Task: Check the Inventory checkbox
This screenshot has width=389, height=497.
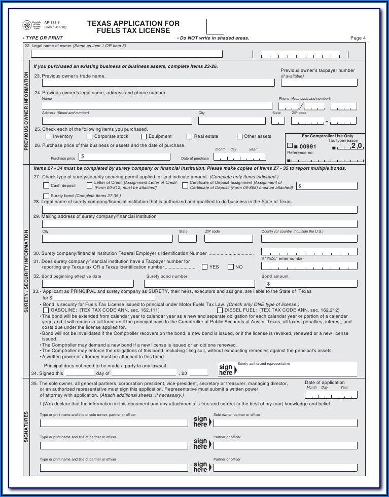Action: point(48,136)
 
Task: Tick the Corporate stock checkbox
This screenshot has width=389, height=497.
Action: point(89,136)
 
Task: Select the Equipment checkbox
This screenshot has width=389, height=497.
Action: point(144,136)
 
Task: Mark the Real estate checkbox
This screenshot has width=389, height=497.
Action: point(189,136)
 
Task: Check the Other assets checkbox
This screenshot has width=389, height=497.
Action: point(239,136)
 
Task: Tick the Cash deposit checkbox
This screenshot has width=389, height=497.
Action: point(46,185)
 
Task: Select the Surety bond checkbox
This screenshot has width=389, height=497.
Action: point(46,196)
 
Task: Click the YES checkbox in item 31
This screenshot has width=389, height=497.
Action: point(204,267)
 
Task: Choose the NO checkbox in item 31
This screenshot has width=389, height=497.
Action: point(230,267)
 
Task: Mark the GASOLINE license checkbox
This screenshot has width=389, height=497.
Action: point(46,310)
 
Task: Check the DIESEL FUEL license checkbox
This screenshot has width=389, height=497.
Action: point(219,310)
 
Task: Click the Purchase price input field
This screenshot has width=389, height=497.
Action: point(125,157)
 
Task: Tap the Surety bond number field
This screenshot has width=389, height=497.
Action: point(200,284)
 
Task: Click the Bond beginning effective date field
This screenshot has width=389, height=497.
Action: point(88,284)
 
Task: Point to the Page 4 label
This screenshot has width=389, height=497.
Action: point(358,38)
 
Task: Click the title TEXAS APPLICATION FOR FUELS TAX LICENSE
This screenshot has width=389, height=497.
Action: point(133,27)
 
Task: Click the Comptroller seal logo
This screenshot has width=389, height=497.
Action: point(27,25)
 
